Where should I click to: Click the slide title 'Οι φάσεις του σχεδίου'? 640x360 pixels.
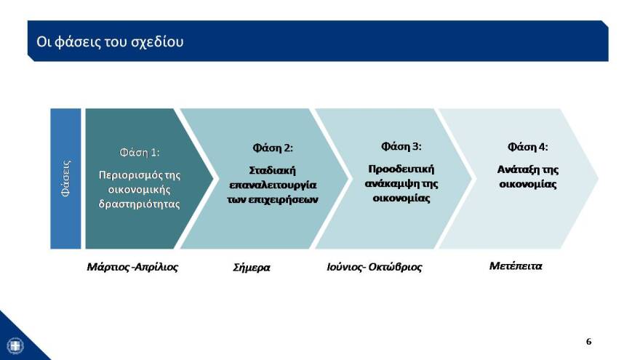(110, 41)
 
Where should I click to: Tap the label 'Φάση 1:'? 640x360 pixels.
(140, 153)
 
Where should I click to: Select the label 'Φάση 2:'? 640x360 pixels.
(273, 148)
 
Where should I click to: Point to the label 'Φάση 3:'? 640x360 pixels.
(401, 146)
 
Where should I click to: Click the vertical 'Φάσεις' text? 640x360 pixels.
(66, 179)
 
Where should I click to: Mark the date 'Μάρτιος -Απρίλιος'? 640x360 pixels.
(132, 266)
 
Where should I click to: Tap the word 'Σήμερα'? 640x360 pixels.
(251, 267)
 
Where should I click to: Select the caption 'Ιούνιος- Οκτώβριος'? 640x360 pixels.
(375, 267)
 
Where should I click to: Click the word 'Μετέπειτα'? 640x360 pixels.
(516, 265)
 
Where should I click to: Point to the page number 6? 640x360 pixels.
(589, 341)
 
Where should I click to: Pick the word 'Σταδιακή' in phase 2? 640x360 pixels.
(272, 170)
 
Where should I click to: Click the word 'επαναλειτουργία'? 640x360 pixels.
(273, 185)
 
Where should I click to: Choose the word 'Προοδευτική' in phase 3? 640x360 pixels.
(401, 169)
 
